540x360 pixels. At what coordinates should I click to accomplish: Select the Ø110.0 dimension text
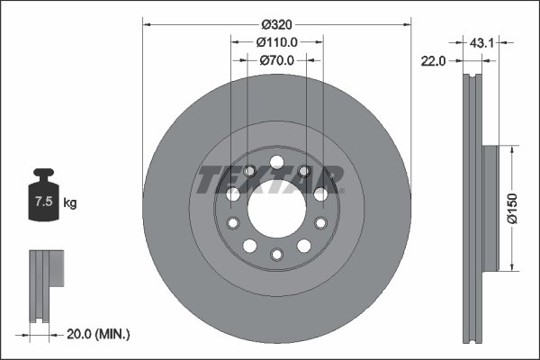tap(277, 41)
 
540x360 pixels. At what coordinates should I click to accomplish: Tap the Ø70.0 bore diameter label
tap(277, 61)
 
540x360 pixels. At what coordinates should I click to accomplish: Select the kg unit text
tap(70, 203)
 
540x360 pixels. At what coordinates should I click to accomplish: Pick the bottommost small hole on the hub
tap(277, 255)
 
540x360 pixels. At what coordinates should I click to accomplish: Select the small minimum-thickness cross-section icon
tap(44, 285)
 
